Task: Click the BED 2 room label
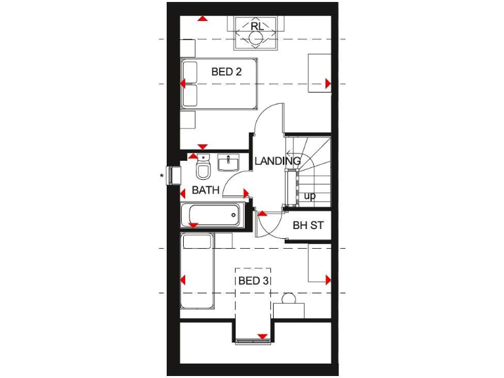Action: pos(226,72)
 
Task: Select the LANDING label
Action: pos(277,161)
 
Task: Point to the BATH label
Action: pos(205,191)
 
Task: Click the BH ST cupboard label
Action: pos(308,226)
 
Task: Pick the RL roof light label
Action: pos(257,26)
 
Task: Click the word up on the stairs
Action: pos(310,196)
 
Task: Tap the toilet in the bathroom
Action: pos(203,170)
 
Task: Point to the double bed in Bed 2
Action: pos(220,84)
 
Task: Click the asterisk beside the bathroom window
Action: pos(161,176)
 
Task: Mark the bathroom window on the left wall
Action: pos(175,176)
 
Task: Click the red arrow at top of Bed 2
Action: pos(203,18)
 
